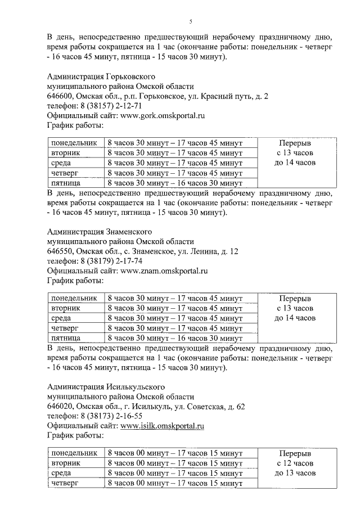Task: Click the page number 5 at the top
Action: coord(190,22)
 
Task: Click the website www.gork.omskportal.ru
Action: coord(163,115)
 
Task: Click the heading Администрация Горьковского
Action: coord(101,76)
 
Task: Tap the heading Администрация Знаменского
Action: coord(100,231)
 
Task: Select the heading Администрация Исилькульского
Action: coord(106,386)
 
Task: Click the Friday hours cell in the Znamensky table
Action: coord(174,338)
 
